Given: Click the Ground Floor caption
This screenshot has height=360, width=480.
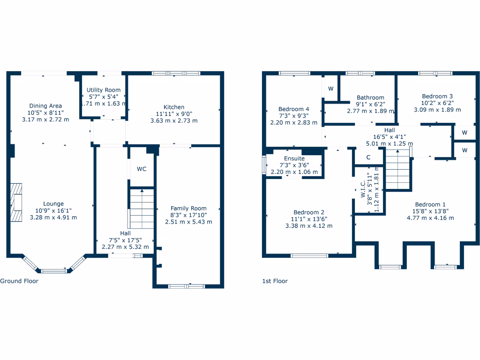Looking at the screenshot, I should pyautogui.click(x=19, y=281).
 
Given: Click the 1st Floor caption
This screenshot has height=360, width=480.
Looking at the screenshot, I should pyautogui.click(x=275, y=281).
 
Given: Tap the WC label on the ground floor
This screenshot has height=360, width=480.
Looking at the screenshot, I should pyautogui.click(x=142, y=169).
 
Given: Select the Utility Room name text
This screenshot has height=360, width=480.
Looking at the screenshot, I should pyautogui.click(x=104, y=90).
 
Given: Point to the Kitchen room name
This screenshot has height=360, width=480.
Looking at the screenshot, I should pyautogui.click(x=174, y=107).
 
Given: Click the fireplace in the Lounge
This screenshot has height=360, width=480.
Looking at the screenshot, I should pyautogui.click(x=17, y=202).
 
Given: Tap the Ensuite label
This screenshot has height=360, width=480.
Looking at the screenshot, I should pyautogui.click(x=294, y=159).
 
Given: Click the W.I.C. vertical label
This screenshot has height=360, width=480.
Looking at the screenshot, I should pyautogui.click(x=363, y=190).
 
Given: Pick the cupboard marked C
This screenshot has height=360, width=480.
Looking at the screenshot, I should pyautogui.click(x=368, y=157).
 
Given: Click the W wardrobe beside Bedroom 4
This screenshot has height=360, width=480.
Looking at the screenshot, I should pyautogui.click(x=330, y=89).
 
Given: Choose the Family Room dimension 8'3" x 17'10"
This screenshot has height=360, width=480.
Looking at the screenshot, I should pyautogui.click(x=188, y=215).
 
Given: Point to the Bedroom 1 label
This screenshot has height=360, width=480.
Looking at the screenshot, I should pyautogui.click(x=430, y=204).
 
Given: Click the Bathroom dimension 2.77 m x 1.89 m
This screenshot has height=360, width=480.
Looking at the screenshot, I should pyautogui.click(x=370, y=111).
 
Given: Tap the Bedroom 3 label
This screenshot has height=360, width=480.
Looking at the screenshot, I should pyautogui.click(x=437, y=96).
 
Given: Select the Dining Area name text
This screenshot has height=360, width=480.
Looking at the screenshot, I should pyautogui.click(x=45, y=106).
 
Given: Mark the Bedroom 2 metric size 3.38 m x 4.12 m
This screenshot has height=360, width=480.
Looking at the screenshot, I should pyautogui.click(x=309, y=225).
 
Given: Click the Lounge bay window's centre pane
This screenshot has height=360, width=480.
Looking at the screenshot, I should pyautogui.click(x=53, y=270).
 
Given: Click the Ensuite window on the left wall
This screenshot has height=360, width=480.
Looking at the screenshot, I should pyautogui.click(x=264, y=165).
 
